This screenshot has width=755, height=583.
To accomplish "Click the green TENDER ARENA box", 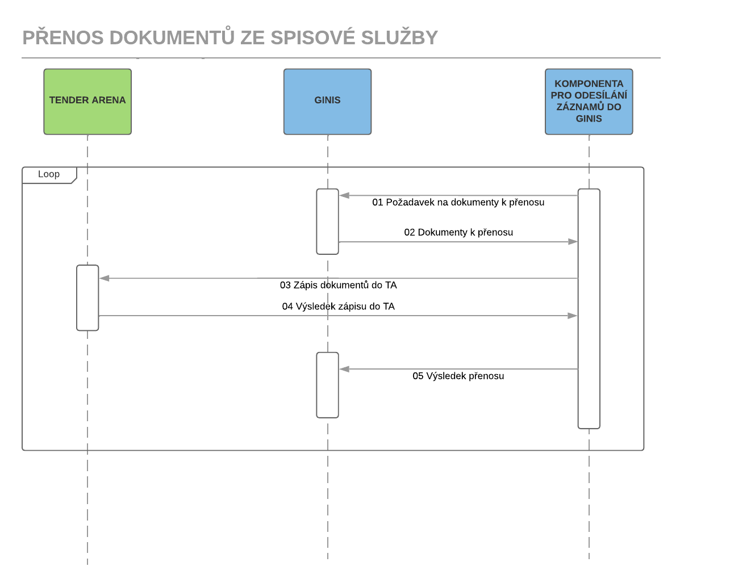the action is (x=87, y=102).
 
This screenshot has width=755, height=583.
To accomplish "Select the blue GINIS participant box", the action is (x=327, y=102).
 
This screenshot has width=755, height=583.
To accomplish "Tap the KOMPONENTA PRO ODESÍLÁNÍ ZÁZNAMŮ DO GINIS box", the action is (x=589, y=102).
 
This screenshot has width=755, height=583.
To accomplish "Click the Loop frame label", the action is (x=49, y=174).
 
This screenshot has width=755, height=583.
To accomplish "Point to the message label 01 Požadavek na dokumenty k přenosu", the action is (x=458, y=202).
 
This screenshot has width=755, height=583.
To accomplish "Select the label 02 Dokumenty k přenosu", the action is (x=458, y=232).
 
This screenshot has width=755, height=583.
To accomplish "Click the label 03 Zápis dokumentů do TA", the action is (x=339, y=285).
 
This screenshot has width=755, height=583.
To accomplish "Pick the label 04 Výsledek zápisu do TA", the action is (x=339, y=307).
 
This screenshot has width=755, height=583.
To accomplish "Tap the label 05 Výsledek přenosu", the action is (x=458, y=376).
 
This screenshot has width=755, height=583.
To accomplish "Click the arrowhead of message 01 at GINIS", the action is (x=344, y=196).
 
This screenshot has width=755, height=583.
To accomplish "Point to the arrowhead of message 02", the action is (x=573, y=241).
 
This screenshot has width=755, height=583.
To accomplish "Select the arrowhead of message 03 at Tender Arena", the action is (x=104, y=278).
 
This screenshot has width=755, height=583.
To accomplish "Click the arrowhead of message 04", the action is (x=573, y=316).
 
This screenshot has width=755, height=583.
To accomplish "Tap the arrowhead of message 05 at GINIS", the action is (x=344, y=369).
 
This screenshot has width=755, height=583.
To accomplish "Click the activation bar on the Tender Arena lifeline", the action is (x=87, y=298).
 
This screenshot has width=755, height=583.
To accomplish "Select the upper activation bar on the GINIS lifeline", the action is (x=327, y=221).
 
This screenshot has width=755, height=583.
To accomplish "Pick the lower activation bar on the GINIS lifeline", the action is (x=327, y=385).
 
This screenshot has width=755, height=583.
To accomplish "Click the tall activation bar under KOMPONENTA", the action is (x=589, y=309).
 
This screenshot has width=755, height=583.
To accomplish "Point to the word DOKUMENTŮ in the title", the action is (x=172, y=36).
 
